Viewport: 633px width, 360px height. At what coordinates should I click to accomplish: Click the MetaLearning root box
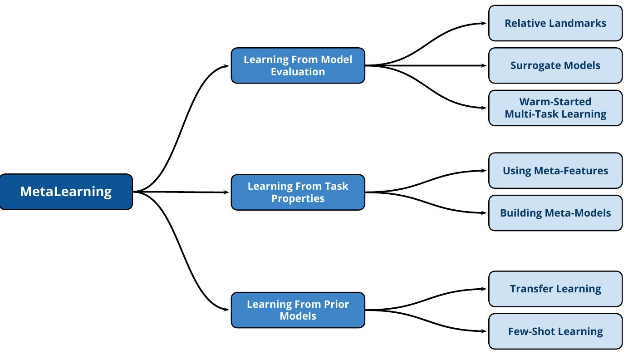(x=66, y=192)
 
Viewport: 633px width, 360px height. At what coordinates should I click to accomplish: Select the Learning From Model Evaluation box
(x=298, y=65)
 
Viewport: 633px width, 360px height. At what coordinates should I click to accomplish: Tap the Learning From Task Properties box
(x=298, y=192)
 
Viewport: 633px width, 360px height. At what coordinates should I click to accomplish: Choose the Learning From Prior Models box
(x=298, y=310)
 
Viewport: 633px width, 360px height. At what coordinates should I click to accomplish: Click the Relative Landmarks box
(x=555, y=23)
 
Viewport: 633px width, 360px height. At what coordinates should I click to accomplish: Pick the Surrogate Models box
(x=555, y=65)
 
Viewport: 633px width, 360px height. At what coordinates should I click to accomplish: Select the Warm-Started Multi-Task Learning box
(x=555, y=108)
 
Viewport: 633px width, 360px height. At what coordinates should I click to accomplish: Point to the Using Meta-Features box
(x=555, y=171)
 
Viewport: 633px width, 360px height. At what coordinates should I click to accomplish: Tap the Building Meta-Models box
(x=555, y=213)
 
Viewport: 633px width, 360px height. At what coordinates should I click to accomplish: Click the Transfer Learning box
(x=555, y=289)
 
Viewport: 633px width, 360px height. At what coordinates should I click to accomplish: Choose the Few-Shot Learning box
(x=555, y=331)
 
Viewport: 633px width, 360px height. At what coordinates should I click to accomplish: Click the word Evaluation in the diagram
(x=298, y=72)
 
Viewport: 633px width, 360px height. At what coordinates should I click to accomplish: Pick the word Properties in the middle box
(x=298, y=198)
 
